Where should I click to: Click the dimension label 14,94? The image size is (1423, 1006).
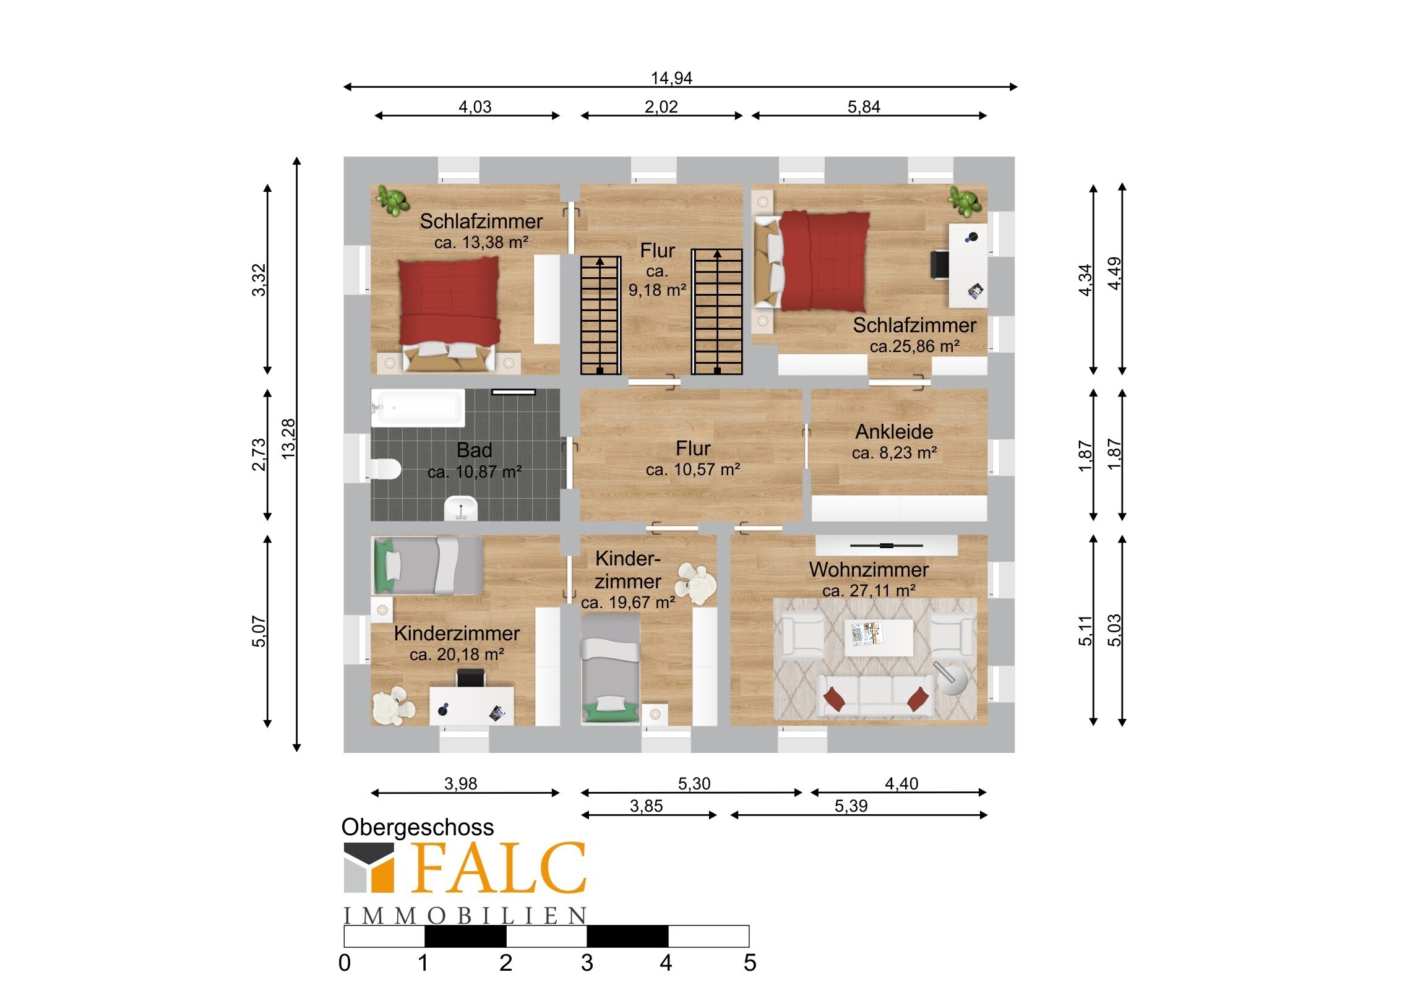coord(671,78)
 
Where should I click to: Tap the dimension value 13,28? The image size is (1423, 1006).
coord(289,439)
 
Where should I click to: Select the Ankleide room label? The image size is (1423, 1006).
coord(894,431)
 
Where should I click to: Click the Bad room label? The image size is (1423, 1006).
coord(474,449)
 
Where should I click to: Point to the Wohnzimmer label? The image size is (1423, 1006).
coord(868,570)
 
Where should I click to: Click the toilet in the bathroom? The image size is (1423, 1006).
coord(384,468)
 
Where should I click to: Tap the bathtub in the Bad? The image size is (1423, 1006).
coord(418,408)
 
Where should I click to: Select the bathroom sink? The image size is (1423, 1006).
coord(461,509)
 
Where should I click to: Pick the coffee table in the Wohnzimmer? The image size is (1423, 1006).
coord(879,637)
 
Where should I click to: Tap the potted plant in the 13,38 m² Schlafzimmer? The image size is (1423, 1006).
coord(392,200)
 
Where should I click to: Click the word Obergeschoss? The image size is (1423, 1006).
coord(417,827)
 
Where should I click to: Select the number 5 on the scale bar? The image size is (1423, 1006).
coord(750,963)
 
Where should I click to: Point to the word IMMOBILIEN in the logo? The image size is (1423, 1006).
coord(465,916)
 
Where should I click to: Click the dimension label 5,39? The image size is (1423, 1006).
coord(851,806)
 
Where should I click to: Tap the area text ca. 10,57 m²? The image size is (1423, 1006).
coord(693,470)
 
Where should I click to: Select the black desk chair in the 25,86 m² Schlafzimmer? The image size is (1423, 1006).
coord(939,265)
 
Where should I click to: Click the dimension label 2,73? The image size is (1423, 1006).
coord(259,454)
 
